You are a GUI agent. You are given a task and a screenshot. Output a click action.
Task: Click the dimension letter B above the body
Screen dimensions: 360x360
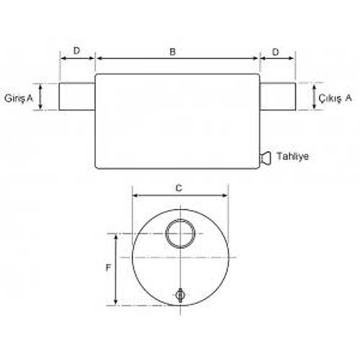tap(173, 52)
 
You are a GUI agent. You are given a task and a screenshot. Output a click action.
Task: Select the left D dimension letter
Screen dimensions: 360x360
tap(76, 51)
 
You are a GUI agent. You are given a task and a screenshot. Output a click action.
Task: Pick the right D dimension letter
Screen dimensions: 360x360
tap(276, 52)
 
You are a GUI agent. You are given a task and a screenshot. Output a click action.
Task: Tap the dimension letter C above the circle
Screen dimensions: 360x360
tap(179, 188)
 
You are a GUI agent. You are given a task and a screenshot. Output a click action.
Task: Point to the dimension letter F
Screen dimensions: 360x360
tap(109, 267)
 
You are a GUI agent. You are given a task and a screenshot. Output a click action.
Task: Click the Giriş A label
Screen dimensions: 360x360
tap(19, 98)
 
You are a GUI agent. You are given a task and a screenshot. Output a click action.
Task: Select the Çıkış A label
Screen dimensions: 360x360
tap(335, 98)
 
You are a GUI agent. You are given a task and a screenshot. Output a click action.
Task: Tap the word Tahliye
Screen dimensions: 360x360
tap(292, 156)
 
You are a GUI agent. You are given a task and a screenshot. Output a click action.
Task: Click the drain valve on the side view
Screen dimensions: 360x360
tap(266, 157)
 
